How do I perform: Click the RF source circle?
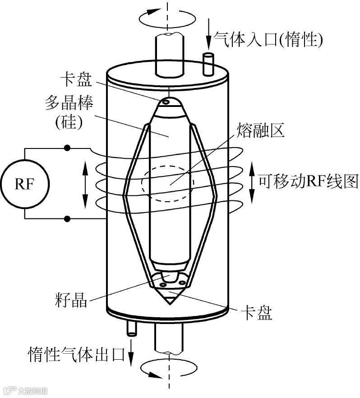[x=25, y=184]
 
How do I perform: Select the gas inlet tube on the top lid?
[x=208, y=64]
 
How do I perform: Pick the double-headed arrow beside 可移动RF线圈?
[x=252, y=182]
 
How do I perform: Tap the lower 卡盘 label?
[x=257, y=313]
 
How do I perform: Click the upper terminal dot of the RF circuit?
[x=67, y=148]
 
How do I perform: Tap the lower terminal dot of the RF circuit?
[x=67, y=219]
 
